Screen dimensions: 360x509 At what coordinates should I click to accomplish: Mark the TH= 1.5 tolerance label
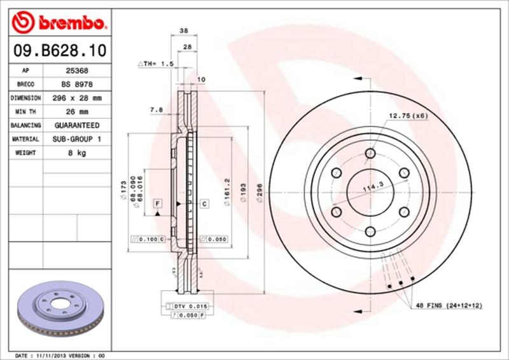(157, 64)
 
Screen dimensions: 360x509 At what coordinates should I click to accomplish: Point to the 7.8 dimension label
(157, 109)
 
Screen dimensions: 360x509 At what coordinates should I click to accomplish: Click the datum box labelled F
(157, 203)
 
